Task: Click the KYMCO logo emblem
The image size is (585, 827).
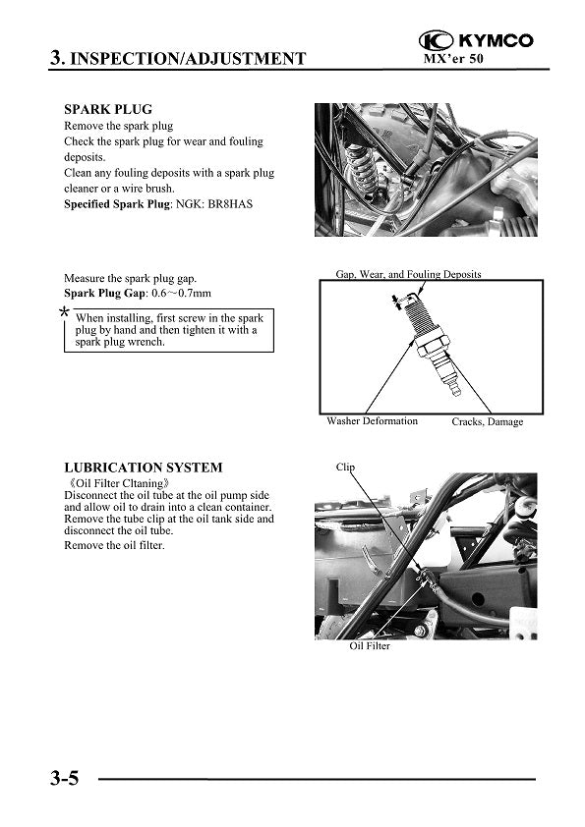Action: (436, 40)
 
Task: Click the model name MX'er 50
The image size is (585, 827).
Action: (453, 58)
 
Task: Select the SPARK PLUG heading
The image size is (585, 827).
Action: (108, 109)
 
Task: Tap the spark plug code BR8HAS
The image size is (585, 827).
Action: (230, 204)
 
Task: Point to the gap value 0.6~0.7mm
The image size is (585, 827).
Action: (181, 294)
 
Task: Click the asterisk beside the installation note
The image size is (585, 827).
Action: (64, 312)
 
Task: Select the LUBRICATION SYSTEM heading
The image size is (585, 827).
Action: (144, 468)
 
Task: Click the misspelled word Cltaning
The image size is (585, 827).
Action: (142, 483)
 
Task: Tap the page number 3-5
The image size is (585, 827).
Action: (65, 778)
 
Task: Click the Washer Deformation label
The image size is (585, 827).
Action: (372, 421)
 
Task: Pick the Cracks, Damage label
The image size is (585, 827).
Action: (488, 421)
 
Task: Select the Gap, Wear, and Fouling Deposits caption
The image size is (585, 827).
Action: (408, 274)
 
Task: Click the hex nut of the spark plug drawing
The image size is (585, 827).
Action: (432, 345)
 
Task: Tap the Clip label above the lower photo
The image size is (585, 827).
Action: (345, 467)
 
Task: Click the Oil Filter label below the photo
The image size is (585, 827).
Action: (370, 645)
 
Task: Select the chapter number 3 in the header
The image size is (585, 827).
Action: (56, 58)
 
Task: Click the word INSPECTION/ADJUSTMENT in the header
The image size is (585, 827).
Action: (188, 59)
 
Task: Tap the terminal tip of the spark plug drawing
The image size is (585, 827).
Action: (456, 391)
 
